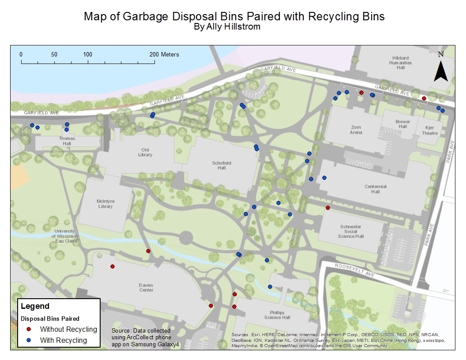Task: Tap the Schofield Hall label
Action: click(x=222, y=165)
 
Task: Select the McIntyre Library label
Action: click(x=105, y=204)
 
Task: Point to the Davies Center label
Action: click(x=146, y=287)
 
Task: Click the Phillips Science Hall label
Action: click(x=277, y=315)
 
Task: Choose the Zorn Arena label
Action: click(x=356, y=130)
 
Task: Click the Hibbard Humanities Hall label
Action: click(x=400, y=63)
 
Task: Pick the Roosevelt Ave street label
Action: click(x=354, y=270)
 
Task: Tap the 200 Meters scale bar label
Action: click(x=164, y=54)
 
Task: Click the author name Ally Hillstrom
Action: click(x=234, y=27)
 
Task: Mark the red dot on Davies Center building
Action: click(x=113, y=266)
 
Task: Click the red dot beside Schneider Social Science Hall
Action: click(x=327, y=208)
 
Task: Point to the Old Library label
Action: click(x=145, y=152)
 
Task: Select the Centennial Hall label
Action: click(x=375, y=189)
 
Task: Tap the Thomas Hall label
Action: click(x=67, y=141)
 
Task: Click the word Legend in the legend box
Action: click(x=35, y=306)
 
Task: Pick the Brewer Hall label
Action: click(x=402, y=124)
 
